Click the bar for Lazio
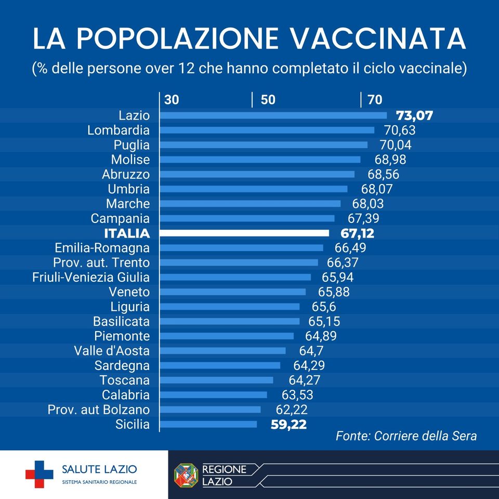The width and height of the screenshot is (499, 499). click(273, 115)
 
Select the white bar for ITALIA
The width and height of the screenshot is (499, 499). click(244, 233)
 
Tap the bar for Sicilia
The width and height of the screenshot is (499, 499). click(208, 424)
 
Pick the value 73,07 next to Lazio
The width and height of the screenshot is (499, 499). click(414, 115)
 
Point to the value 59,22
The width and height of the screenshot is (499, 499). click(288, 424)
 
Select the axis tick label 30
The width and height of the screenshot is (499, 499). click(172, 100)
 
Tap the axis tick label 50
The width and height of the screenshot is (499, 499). click(268, 100)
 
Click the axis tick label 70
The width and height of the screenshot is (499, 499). click(375, 100)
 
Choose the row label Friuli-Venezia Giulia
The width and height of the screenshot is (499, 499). click(91, 277)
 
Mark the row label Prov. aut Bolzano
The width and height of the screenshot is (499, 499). click(99, 410)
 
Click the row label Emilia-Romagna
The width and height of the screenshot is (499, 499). click(102, 248)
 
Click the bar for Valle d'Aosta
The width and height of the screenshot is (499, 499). click(222, 350)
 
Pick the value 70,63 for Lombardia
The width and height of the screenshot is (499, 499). click(399, 130)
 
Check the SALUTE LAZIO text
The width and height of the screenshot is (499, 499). click(99, 470)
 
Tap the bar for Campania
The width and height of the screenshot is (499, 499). click(247, 218)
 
